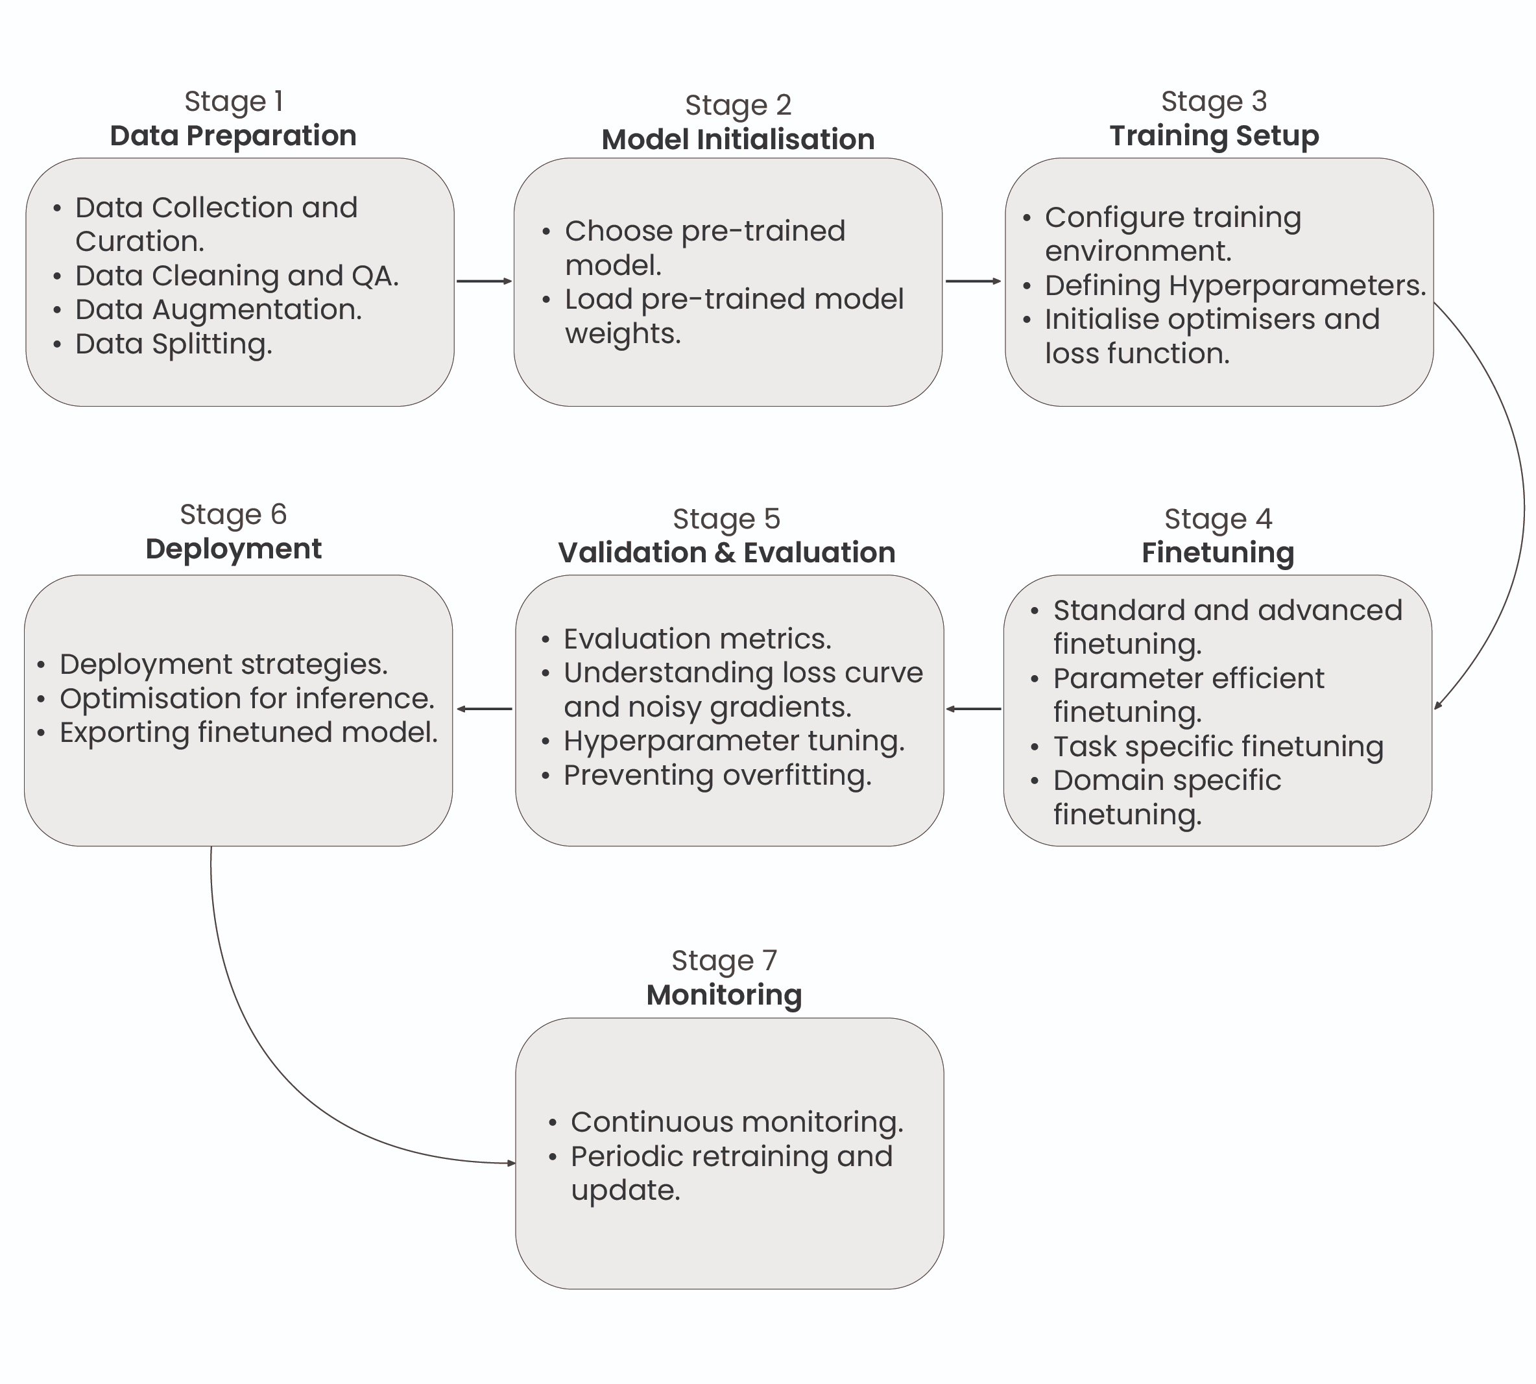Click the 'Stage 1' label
click(x=234, y=101)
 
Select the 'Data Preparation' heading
click(x=233, y=136)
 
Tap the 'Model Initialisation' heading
click(x=738, y=139)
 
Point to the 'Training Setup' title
click(x=1214, y=136)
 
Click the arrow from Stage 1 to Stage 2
click(x=484, y=281)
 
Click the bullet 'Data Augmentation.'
click(x=218, y=309)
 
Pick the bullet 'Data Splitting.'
click(x=173, y=344)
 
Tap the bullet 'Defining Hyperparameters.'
click(x=1235, y=285)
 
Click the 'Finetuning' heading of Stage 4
click(x=1218, y=552)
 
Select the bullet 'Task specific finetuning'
click(x=1218, y=746)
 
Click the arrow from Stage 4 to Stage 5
click(x=974, y=709)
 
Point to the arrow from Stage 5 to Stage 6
click(x=485, y=709)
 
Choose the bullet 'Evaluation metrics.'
click(x=697, y=639)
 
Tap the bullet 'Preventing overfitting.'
click(x=717, y=775)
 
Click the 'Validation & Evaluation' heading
click(x=726, y=552)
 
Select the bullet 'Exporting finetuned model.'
click(x=248, y=732)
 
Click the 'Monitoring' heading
click(x=724, y=995)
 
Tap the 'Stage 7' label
click(x=724, y=960)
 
